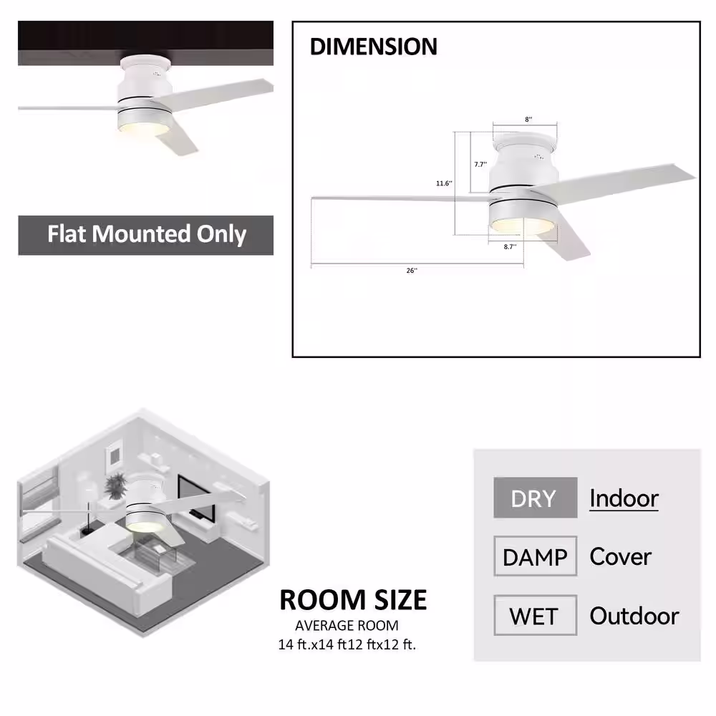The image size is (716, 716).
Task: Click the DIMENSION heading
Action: click(374, 47)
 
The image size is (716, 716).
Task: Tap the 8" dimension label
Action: click(528, 119)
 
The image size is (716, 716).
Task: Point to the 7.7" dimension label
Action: click(480, 165)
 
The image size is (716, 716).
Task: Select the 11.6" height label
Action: click(444, 183)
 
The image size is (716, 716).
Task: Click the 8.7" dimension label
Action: click(510, 246)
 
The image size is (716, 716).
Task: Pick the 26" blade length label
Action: click(412, 271)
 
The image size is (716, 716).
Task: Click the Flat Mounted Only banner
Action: click(146, 235)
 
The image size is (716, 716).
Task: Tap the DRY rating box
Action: click(535, 498)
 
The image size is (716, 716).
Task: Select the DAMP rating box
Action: click(535, 556)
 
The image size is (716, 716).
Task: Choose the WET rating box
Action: click(535, 615)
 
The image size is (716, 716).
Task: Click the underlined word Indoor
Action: click(624, 498)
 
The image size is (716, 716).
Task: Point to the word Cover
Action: click(621, 556)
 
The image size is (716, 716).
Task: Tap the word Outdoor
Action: click(634, 616)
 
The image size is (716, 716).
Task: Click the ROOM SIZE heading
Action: click(353, 599)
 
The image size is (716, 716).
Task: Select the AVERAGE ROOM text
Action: click(347, 625)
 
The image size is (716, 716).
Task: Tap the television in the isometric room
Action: click(196, 498)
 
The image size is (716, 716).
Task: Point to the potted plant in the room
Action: click(115, 486)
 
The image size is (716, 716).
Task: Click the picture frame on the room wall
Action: click(114, 455)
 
